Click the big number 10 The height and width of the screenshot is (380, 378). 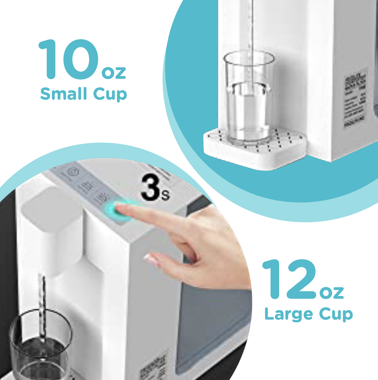(69, 59)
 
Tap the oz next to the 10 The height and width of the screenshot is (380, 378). (114, 72)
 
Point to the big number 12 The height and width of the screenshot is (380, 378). (289, 279)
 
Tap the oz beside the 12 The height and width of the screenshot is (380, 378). (332, 292)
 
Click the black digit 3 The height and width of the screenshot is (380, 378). (150, 187)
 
